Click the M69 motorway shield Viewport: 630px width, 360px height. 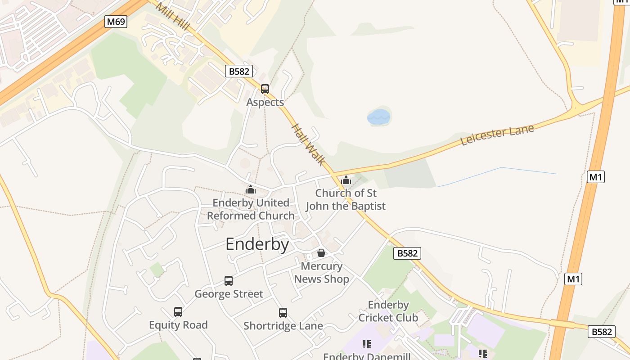(116, 22)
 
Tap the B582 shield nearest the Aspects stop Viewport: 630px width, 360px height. (239, 71)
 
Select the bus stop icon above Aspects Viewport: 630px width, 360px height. (265, 89)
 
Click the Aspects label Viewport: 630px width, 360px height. (265, 102)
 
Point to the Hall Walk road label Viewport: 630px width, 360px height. (308, 144)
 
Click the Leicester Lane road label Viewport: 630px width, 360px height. (497, 135)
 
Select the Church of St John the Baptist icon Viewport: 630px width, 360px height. (346, 180)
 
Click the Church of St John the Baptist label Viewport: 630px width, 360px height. (346, 199)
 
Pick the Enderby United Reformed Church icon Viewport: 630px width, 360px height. (251, 189)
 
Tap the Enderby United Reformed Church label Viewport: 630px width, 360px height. (251, 209)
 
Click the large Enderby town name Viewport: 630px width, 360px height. (257, 244)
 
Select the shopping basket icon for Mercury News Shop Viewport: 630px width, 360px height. (321, 253)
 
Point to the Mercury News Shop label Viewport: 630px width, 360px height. (321, 273)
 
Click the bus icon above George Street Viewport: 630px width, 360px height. (229, 281)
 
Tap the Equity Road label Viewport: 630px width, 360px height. (178, 325)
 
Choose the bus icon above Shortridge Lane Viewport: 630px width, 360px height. (283, 313)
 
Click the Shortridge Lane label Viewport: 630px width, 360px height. (283, 326)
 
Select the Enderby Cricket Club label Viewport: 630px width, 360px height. (388, 311)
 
